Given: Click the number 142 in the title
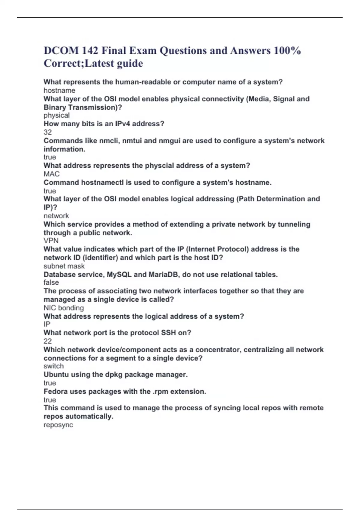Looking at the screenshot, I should (x=89, y=50).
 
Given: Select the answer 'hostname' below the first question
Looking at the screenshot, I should (x=59, y=90).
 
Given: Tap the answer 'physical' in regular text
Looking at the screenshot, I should (x=56, y=115).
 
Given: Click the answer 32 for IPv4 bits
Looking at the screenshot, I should (x=48, y=132).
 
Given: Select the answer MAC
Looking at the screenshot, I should (x=52, y=174).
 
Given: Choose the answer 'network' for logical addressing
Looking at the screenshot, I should (x=56, y=216).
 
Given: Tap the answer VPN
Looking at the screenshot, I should (x=51, y=241).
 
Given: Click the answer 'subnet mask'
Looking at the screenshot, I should (x=64, y=266).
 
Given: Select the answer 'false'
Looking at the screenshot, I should (x=51, y=282).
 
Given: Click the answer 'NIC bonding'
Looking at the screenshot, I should (x=64, y=308).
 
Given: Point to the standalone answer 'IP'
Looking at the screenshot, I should (x=47, y=324).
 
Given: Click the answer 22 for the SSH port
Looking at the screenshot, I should (x=48, y=341).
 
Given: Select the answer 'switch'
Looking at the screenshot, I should (x=53, y=366).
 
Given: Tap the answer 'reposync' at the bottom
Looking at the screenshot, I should (x=58, y=425).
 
